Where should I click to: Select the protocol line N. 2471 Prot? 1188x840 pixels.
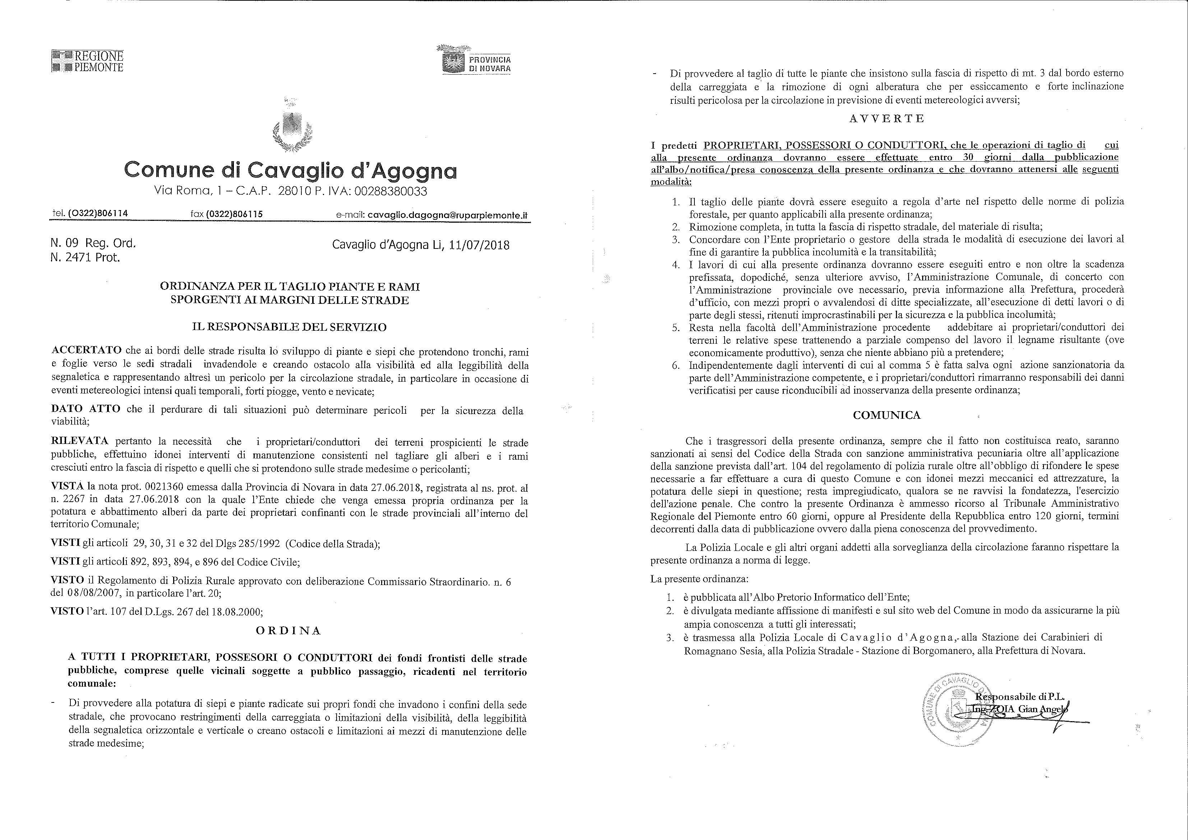tap(85, 257)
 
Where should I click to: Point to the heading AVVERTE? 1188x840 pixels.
tap(887, 119)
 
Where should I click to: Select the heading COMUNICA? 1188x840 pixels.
tap(887, 415)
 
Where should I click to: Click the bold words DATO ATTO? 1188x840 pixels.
tap(86, 409)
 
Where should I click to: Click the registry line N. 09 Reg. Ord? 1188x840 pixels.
tap(93, 243)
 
